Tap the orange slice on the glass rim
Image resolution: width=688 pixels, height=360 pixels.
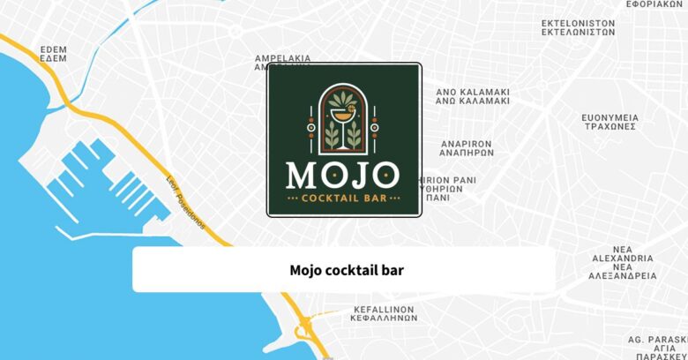348,107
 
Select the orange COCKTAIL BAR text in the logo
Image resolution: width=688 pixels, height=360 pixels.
344,199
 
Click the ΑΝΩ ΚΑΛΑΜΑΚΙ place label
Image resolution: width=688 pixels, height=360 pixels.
473,96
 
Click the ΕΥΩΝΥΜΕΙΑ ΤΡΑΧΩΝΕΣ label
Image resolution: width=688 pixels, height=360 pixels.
609,121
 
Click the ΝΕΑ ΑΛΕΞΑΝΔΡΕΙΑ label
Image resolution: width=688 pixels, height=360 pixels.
622,262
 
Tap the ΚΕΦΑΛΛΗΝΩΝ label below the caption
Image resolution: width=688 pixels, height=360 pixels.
383,314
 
